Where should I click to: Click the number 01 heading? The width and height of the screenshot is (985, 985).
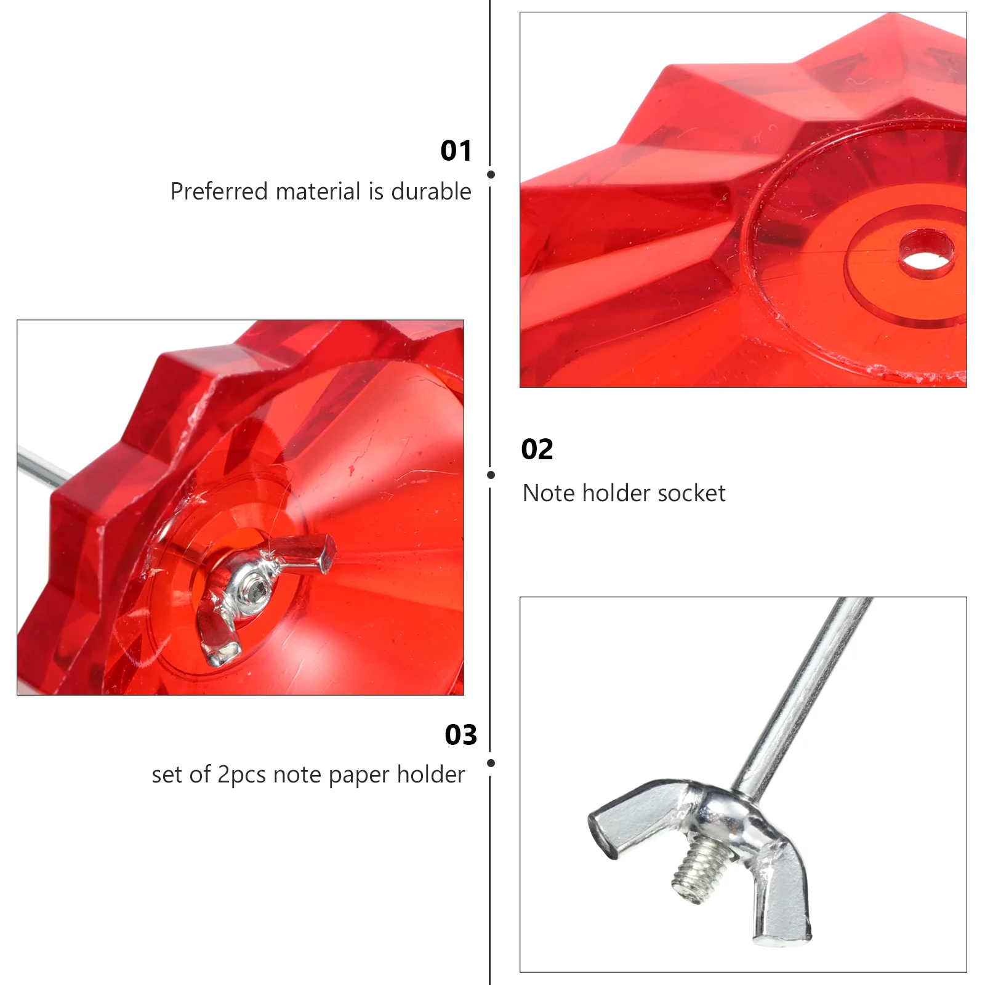(456, 151)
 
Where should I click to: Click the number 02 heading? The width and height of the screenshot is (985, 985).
(537, 449)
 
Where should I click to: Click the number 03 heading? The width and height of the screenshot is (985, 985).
(461, 735)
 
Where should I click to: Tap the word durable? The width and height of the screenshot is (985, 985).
(431, 191)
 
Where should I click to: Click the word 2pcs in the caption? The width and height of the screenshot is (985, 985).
(243, 775)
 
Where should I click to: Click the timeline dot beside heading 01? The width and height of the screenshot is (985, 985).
(491, 175)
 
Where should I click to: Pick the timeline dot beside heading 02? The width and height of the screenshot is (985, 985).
(491, 475)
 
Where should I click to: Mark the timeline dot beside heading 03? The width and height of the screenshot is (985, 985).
(491, 763)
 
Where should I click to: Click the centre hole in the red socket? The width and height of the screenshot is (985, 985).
(926, 254)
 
